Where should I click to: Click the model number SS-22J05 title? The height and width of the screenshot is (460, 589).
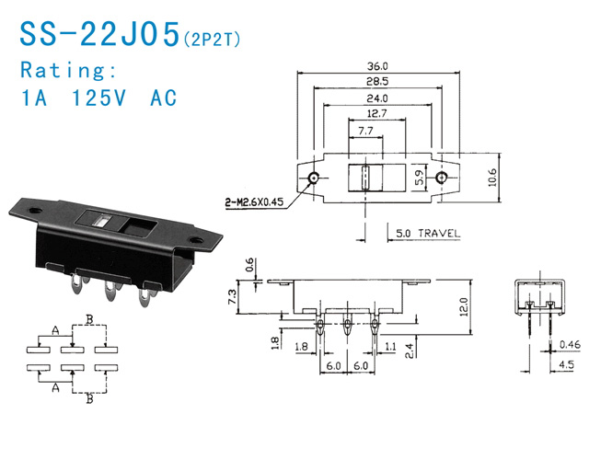point(100,34)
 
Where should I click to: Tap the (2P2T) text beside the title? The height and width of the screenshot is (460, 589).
point(212,39)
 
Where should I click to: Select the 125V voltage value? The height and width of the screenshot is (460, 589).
point(98,98)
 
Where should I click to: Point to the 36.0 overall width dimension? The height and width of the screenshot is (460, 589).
point(377,66)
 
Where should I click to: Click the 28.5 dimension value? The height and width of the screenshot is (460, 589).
point(377,82)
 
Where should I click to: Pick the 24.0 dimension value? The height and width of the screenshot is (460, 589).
point(377,98)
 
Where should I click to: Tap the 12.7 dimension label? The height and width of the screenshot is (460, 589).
point(376,113)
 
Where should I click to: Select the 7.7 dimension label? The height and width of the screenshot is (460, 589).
point(365,131)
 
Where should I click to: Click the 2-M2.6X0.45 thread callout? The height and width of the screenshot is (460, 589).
point(254,202)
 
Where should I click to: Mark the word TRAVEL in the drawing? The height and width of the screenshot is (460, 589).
point(439,233)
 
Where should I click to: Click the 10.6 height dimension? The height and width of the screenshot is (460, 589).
point(492,178)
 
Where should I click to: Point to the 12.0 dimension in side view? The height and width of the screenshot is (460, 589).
point(464,307)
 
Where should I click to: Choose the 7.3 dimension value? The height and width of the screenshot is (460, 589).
point(233,296)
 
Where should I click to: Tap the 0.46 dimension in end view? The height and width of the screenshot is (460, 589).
point(570,344)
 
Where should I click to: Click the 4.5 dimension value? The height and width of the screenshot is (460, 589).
point(567,364)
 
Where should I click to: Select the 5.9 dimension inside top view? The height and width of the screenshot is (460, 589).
point(420,178)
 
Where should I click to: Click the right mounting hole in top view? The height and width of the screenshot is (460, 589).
point(442,178)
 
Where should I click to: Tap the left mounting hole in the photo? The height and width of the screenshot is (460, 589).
point(35,210)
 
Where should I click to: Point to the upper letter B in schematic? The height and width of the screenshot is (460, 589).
point(89,319)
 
